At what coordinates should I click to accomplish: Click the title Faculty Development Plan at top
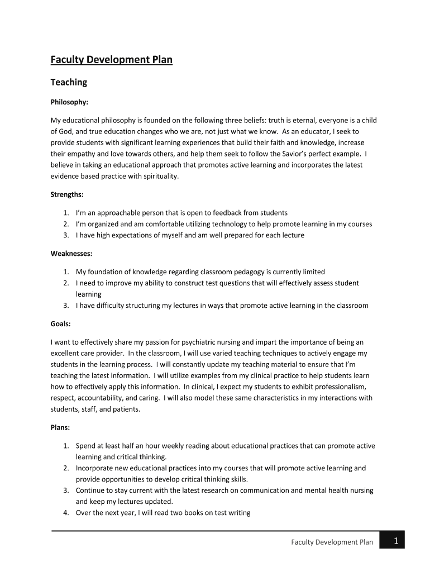tap(112, 60)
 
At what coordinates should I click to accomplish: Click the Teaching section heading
tap(69, 82)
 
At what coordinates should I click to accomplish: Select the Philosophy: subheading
tap(69, 102)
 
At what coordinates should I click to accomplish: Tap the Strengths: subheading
tap(67, 194)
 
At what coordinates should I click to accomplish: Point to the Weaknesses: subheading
tap(71, 254)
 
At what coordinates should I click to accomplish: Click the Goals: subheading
tap(61, 323)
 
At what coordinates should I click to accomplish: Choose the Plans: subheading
tap(60, 427)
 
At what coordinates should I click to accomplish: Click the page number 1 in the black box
tap(395, 540)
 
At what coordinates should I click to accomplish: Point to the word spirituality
tap(161, 176)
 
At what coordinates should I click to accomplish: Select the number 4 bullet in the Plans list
tap(65, 513)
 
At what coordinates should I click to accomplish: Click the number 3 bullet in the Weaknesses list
tap(65, 306)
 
